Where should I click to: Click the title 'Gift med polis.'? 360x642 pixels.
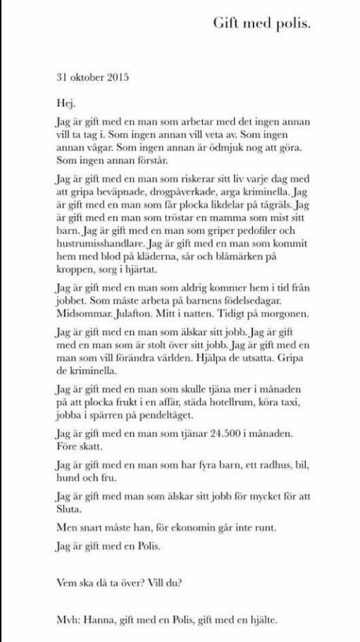pyautogui.click(x=261, y=23)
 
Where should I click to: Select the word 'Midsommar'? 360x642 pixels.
pyautogui.click(x=82, y=314)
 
